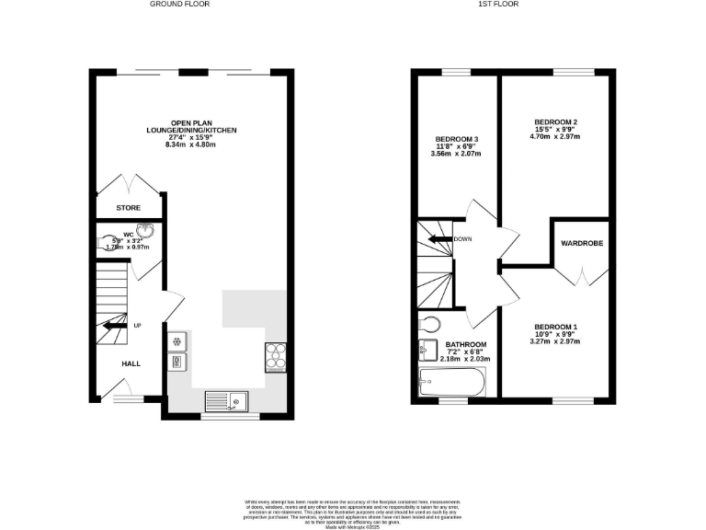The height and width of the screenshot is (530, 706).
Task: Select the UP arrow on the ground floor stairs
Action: [x=115, y=325]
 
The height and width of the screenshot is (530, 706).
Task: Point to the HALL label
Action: [x=131, y=364]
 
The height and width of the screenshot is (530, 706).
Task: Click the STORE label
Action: [x=129, y=208]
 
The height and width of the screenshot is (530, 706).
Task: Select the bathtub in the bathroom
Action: [x=450, y=382]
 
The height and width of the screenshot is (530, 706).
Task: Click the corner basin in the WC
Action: [x=145, y=232]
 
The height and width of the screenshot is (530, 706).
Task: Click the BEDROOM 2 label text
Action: [x=555, y=121]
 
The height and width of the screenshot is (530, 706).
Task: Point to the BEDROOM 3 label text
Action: [x=457, y=139]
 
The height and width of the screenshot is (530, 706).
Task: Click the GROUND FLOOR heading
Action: [x=181, y=5]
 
